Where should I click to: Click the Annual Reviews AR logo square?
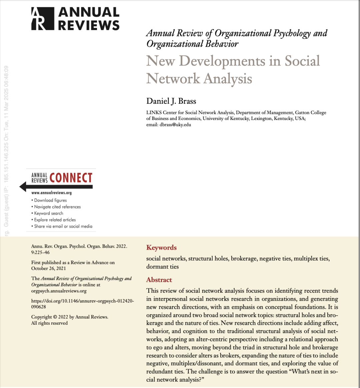[x=43, y=19]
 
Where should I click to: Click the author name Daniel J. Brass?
[x=171, y=101]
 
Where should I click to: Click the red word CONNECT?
[x=71, y=178]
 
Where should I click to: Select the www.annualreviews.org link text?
[x=51, y=193]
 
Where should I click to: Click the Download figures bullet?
[x=50, y=200]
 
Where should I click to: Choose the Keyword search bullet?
[x=49, y=213]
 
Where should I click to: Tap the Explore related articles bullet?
[x=55, y=220]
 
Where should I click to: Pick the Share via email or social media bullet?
[x=63, y=226]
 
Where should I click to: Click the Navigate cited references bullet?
[x=57, y=207]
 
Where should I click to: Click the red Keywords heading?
[x=161, y=248]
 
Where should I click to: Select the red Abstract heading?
[x=159, y=280]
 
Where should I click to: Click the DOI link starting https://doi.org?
[x=82, y=301]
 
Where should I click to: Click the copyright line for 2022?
[x=70, y=317]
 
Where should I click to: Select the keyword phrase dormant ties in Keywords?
[x=162, y=267]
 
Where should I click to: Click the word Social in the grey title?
[x=302, y=61]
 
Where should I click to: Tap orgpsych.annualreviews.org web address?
[x=59, y=291]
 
